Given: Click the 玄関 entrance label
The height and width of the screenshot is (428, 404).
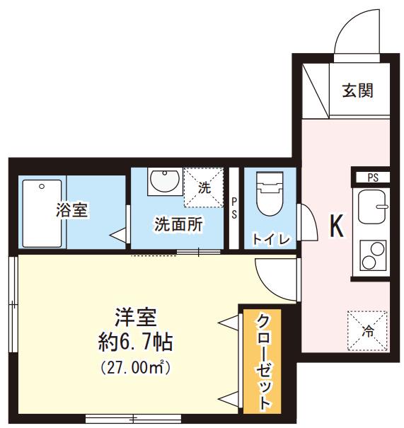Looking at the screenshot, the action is tap(357, 91).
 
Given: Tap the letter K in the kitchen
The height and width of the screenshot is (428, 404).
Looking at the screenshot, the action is tap(337, 226).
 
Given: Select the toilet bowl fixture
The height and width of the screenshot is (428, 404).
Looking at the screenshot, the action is tap(270, 193).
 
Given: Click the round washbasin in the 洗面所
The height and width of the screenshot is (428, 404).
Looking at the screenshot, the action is tap(165, 181).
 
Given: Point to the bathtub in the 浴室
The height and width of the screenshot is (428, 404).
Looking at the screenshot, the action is tap(42, 214).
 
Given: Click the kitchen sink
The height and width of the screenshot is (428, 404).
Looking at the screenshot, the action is tap(372, 207).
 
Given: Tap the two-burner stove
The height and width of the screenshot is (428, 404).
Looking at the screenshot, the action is tap(373, 255).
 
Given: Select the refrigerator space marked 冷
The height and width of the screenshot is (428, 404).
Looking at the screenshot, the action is tap(367, 331).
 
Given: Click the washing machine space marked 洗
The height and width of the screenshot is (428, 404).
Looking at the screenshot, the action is tap(204, 187).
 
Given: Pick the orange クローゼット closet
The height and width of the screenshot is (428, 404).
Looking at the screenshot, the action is tap(262, 362).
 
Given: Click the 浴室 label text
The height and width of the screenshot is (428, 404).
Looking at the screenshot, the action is tap(71, 210).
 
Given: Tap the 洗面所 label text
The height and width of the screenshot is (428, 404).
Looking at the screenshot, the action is tap(179, 224).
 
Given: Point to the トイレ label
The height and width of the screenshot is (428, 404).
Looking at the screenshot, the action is tap(271, 239).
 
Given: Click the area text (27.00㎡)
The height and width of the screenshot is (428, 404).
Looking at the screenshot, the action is tap(136, 368).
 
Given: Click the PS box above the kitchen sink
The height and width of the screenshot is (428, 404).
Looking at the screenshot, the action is tap(373, 178).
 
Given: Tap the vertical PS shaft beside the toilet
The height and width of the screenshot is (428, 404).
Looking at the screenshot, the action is tap(233, 208).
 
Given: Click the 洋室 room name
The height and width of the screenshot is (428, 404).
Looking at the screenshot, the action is tap(136, 317).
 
